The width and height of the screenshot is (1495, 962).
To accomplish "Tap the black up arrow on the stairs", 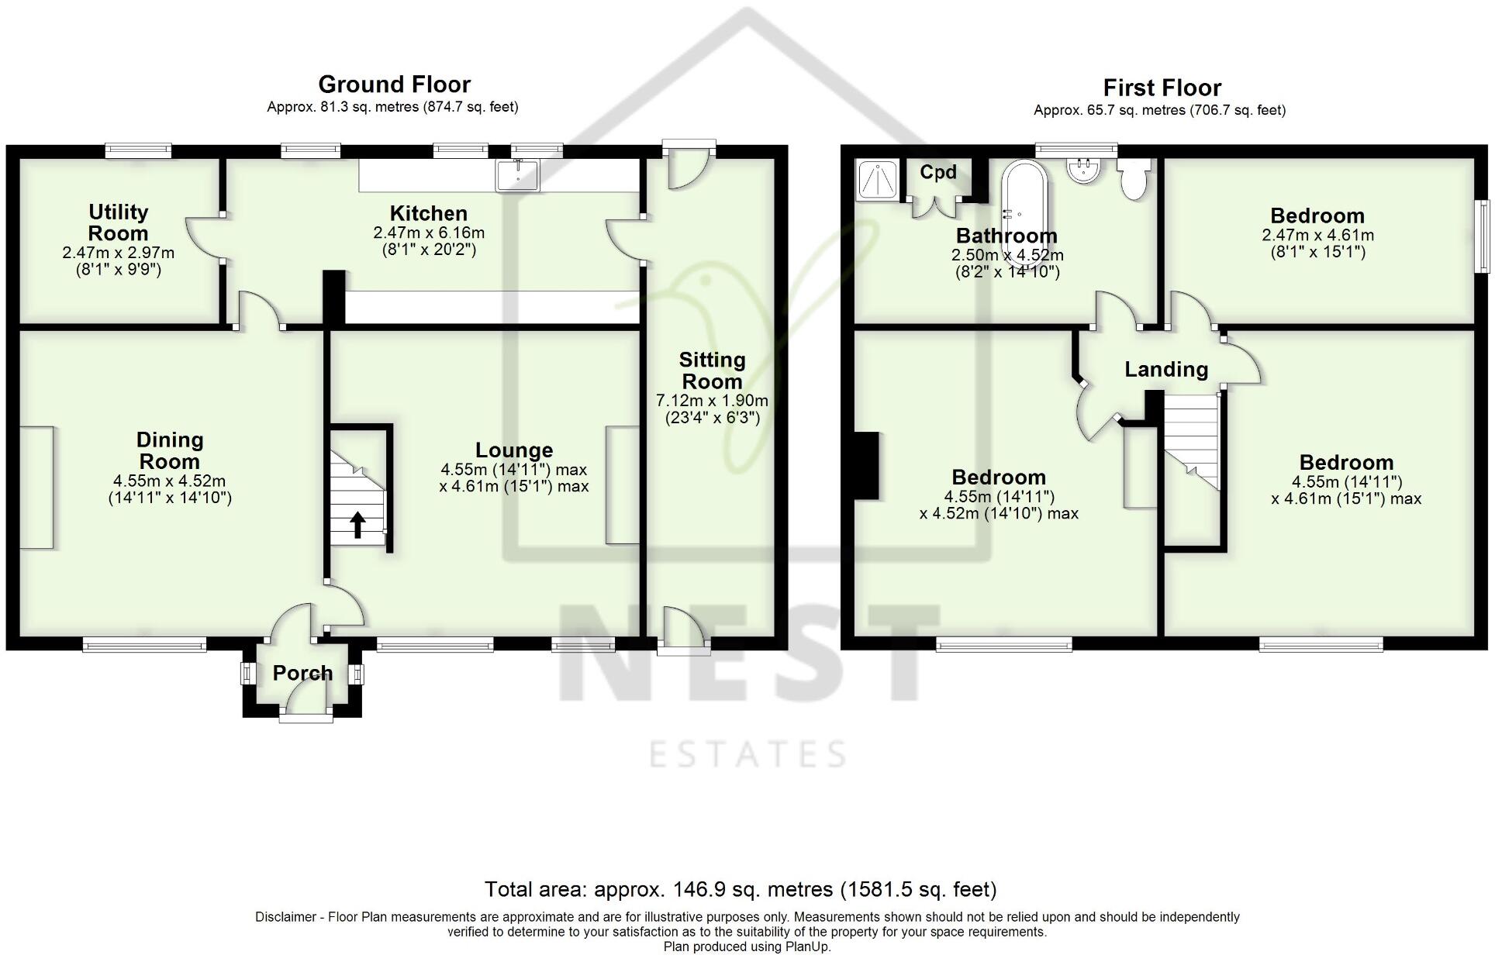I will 357,525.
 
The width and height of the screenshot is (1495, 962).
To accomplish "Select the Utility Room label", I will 118,222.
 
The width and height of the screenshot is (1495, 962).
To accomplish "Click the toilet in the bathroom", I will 1134,180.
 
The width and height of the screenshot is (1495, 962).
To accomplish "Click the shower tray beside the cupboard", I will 878,180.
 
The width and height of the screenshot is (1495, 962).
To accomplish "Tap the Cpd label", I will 937,172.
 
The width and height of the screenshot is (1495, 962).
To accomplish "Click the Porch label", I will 302,673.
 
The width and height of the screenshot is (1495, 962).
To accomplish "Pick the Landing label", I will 1166,369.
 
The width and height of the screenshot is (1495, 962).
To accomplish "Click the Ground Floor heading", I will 394,84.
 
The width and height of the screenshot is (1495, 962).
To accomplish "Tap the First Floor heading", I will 1162,88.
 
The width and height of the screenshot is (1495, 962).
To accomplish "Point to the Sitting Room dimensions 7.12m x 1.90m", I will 712,401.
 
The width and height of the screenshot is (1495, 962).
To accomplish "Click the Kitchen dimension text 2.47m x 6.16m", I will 428,233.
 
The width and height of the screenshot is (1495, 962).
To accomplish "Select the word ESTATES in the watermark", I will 747,754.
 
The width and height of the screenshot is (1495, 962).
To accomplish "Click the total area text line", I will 740,889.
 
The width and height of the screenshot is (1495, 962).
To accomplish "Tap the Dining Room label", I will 170,450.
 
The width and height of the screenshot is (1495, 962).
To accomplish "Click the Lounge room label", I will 514,450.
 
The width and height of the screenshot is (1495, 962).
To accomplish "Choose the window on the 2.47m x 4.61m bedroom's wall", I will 1483,236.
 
